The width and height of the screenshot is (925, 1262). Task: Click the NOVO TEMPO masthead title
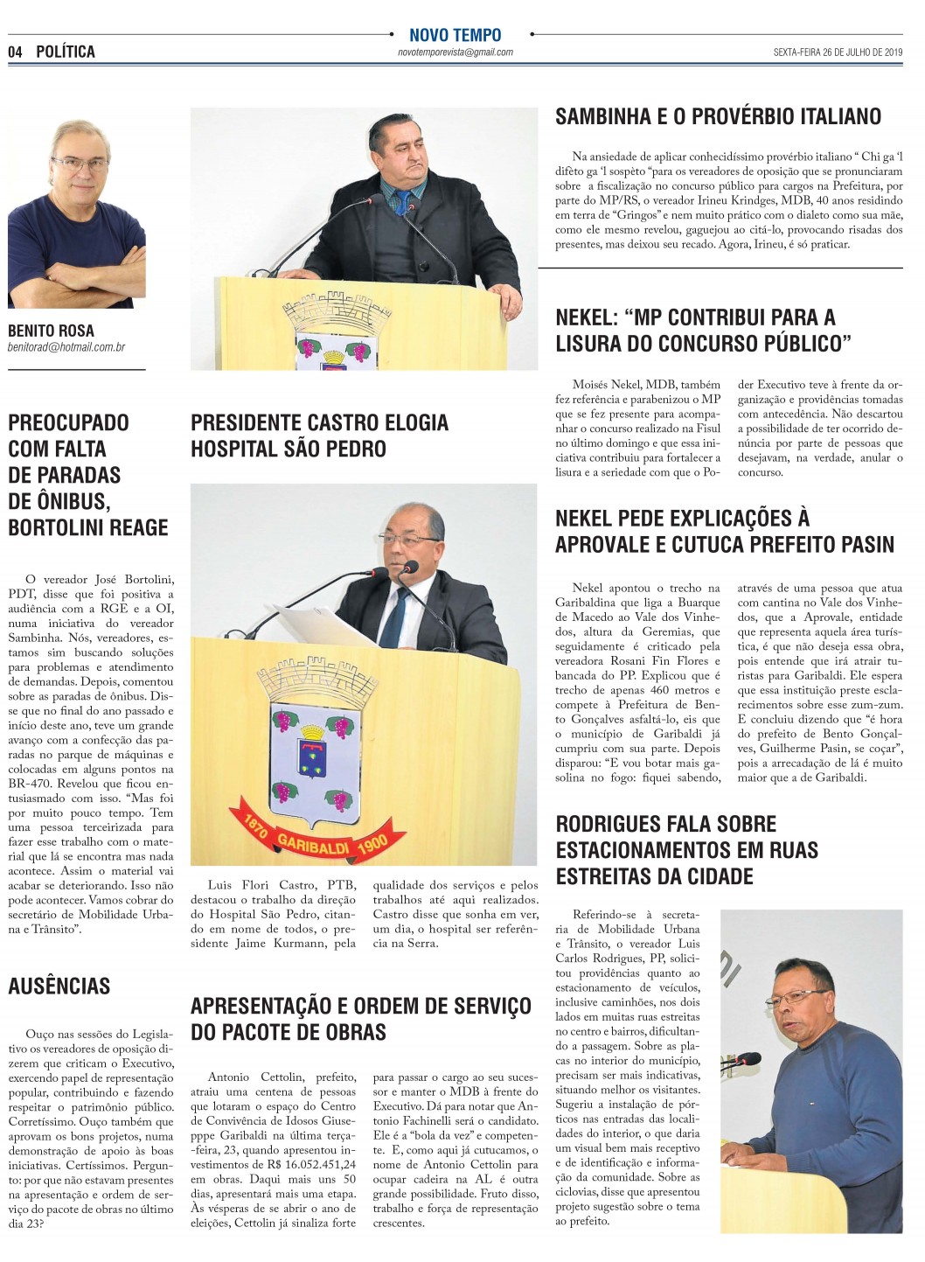pyautogui.click(x=455, y=35)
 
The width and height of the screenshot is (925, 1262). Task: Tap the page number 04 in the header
pyautogui.click(x=15, y=52)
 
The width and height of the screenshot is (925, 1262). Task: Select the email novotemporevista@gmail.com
pyautogui.click(x=455, y=52)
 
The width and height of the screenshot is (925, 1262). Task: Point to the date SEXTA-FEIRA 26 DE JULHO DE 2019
pyautogui.click(x=838, y=52)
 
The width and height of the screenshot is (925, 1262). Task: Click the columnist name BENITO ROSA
pyautogui.click(x=51, y=331)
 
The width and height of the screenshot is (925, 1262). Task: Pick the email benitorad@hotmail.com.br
pyautogui.click(x=66, y=347)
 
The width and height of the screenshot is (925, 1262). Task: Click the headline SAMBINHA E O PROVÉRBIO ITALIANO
pyautogui.click(x=718, y=116)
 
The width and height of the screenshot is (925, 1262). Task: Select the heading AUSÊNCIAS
pyautogui.click(x=59, y=987)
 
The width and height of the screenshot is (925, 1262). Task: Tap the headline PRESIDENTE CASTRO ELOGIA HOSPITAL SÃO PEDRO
pyautogui.click(x=319, y=436)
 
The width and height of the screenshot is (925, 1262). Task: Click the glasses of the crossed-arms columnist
pyautogui.click(x=80, y=164)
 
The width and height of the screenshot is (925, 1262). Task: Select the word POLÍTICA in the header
pyautogui.click(x=66, y=52)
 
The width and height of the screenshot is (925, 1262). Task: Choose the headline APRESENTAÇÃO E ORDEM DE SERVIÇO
pyautogui.click(x=360, y=1006)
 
